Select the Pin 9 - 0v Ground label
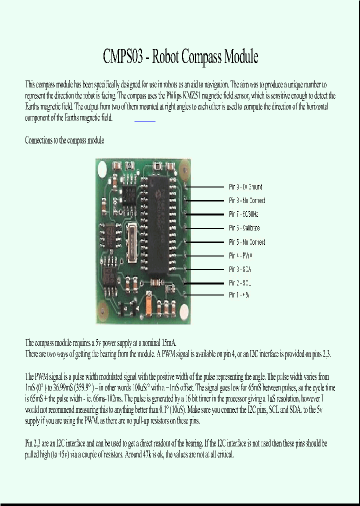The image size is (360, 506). (245, 187)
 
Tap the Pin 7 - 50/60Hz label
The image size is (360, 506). (243, 214)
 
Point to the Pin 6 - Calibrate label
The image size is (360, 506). (244, 228)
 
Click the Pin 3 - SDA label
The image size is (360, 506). (240, 269)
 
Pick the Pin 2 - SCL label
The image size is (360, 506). (240, 283)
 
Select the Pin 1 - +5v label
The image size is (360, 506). (239, 295)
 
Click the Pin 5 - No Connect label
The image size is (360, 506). (247, 242)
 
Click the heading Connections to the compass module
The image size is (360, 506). (64, 140)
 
